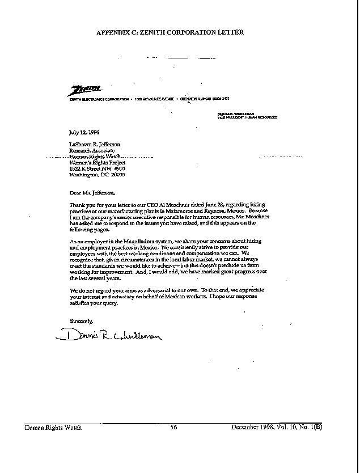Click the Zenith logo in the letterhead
point(85,90)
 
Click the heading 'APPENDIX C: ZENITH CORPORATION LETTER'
point(170,32)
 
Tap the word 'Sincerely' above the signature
point(81,321)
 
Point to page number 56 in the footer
point(174,427)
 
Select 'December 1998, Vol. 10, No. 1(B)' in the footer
point(277,427)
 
